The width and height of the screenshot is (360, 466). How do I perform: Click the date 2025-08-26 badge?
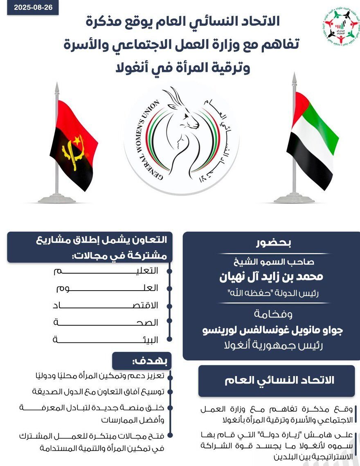point(33,7)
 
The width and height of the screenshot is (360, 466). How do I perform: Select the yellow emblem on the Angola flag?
point(72,151)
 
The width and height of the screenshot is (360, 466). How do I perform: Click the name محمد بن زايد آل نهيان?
point(271,277)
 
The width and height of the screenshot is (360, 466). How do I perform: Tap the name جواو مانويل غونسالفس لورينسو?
point(273,330)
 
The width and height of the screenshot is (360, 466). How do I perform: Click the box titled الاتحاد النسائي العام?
point(277,381)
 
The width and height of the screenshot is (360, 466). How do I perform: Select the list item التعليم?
point(147,271)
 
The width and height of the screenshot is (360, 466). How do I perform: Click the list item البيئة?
point(147,340)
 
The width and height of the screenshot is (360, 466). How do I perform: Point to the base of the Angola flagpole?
point(57,199)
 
